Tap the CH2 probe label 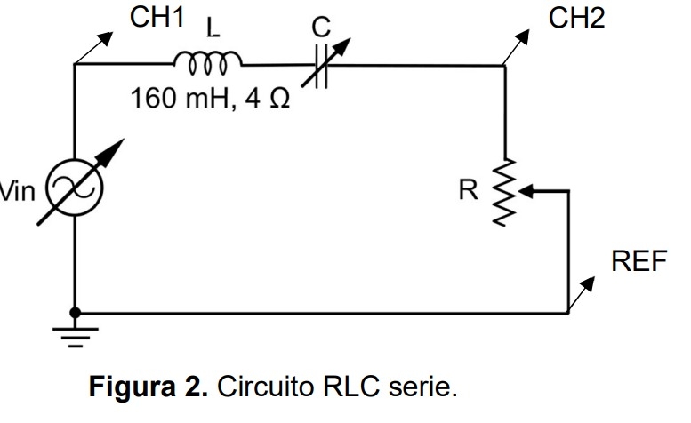click(577, 18)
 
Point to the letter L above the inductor click(212, 29)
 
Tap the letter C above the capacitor click(320, 29)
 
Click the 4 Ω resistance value click(267, 99)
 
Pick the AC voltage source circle click(76, 188)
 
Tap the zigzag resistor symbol click(504, 192)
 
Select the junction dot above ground click(76, 313)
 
